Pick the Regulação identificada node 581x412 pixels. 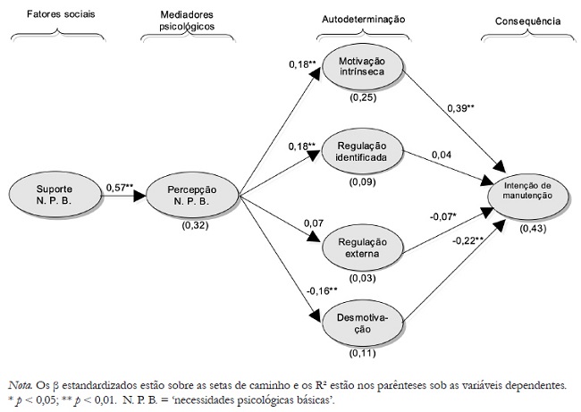361,150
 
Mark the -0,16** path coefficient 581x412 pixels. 320,291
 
